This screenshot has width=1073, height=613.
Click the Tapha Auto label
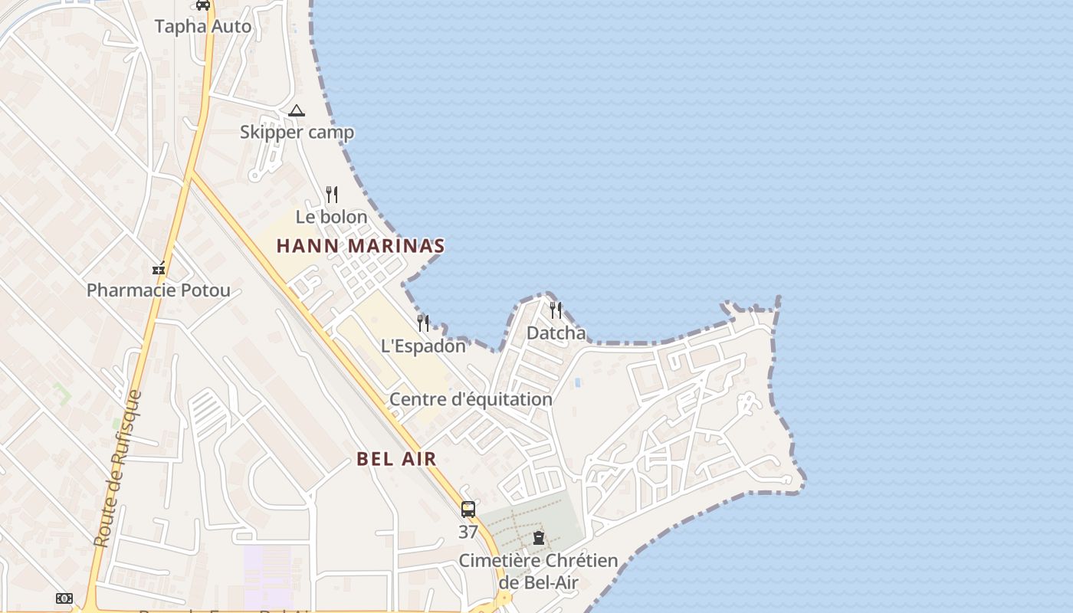(203, 26)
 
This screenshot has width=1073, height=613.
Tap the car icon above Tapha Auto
(203, 5)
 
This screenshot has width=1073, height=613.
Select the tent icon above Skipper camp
(297, 111)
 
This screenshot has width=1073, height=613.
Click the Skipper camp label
(297, 132)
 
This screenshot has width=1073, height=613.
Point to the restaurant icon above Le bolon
(332, 195)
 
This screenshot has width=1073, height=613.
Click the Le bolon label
(332, 217)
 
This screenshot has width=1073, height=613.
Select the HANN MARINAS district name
(360, 246)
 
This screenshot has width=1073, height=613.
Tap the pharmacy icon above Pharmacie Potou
(159, 269)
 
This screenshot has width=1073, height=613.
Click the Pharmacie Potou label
(159, 290)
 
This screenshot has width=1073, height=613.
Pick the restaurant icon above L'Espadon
(423, 323)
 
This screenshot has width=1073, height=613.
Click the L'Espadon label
(423, 346)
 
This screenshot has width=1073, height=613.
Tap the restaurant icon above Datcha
(556, 310)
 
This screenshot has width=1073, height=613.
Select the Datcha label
(556, 333)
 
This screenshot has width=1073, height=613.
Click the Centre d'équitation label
(471, 399)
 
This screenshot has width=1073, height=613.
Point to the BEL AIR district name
(396, 459)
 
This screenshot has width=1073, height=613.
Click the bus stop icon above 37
(468, 510)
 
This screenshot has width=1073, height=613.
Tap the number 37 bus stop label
(468, 532)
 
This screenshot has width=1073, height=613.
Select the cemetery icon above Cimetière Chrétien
(539, 538)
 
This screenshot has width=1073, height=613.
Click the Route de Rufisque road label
(117, 469)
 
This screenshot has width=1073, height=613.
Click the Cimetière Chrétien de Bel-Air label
(539, 571)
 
